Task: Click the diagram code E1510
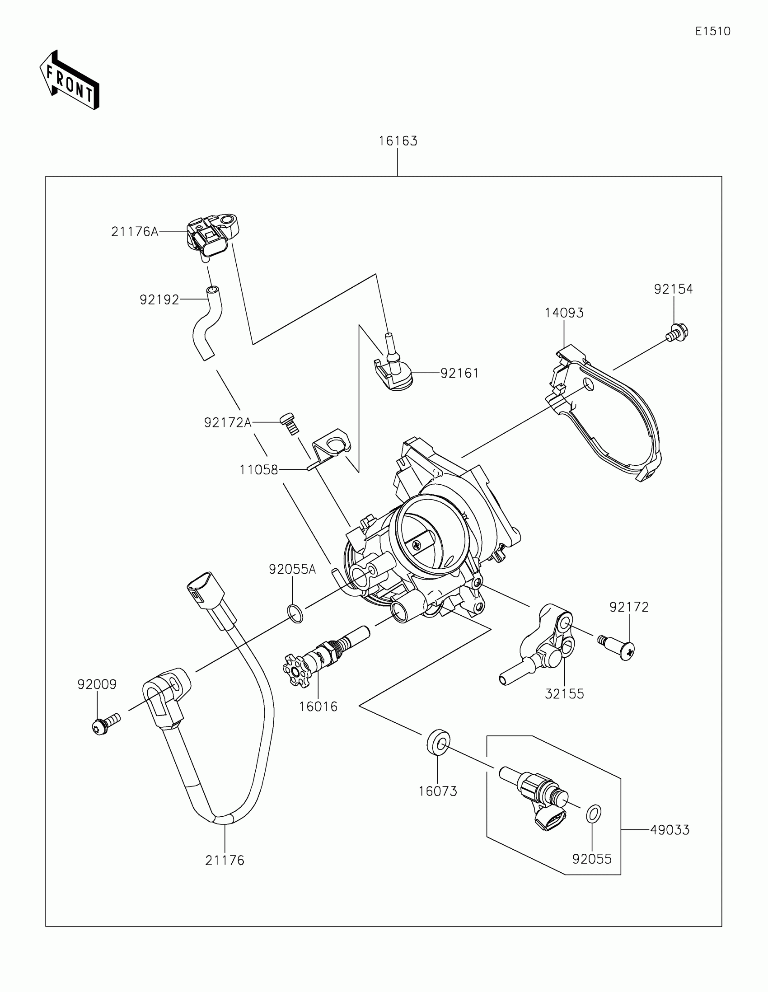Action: (712, 31)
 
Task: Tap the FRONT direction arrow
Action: (70, 80)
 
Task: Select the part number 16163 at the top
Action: (398, 141)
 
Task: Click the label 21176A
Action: (135, 232)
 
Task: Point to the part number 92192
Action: (159, 300)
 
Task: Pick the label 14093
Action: (564, 313)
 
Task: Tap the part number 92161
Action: (459, 373)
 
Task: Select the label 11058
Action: (258, 470)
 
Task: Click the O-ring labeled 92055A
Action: (295, 613)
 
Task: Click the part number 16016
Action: (318, 707)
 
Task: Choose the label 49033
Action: (670, 830)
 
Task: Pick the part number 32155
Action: (564, 693)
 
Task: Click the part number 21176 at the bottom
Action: (225, 860)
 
